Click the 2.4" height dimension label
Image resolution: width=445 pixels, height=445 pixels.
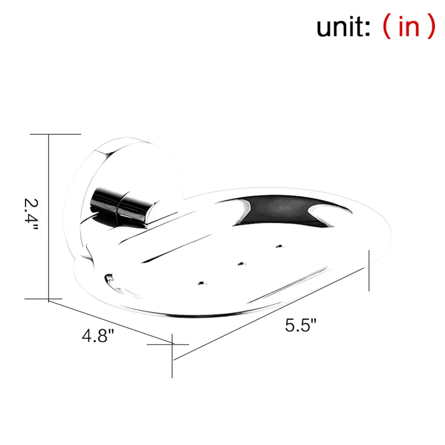[x=31, y=214]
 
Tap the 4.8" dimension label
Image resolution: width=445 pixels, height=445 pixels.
[x=98, y=336]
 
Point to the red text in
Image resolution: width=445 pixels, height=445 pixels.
[x=409, y=26]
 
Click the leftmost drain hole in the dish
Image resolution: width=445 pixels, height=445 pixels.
[x=202, y=283]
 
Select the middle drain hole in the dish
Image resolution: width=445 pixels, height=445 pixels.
[x=242, y=264]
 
